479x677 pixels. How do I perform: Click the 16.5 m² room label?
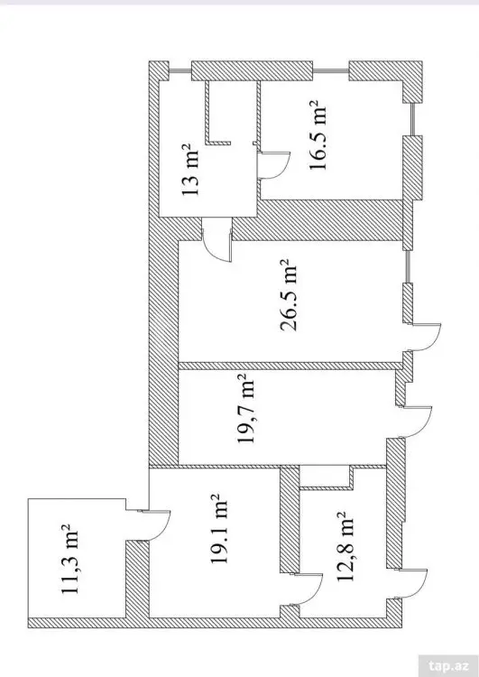(317, 135)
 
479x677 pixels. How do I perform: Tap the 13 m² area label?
(190, 170)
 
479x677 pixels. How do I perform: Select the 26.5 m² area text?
(290, 295)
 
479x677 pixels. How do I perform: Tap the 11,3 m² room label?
(70, 560)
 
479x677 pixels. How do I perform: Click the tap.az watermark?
(448, 665)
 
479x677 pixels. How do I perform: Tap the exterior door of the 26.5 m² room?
(423, 338)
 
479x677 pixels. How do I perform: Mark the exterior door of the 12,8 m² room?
(412, 584)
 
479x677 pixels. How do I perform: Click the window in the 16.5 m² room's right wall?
(413, 119)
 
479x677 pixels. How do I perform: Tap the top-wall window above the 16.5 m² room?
(330, 70)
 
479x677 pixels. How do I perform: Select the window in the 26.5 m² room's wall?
(409, 266)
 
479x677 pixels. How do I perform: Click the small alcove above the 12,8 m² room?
(326, 477)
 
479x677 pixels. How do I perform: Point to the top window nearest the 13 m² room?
(180, 71)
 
